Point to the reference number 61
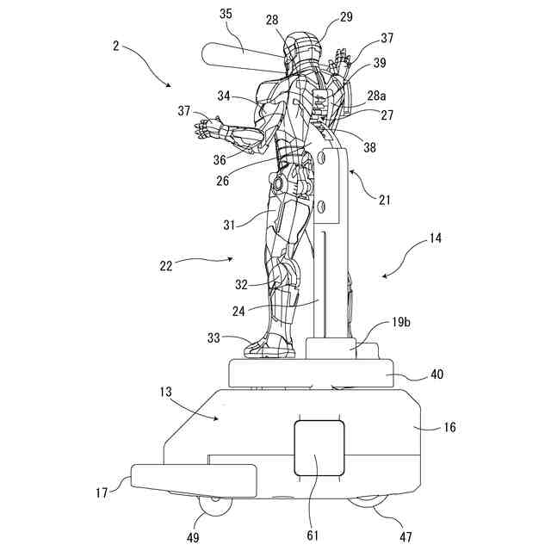(x=313, y=535)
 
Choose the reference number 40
(x=437, y=375)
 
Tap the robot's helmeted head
(x=298, y=48)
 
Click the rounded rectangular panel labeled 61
(x=319, y=448)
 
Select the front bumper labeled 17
(x=193, y=480)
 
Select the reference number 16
(x=450, y=427)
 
